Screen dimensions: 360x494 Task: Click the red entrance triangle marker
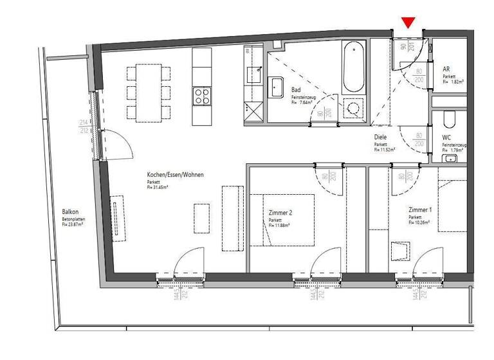pos(408,23)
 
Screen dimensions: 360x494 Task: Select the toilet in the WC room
pos(450,120)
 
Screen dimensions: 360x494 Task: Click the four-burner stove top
pos(202,97)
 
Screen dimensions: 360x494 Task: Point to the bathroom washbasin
pos(277,87)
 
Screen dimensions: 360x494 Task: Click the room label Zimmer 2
pos(280,212)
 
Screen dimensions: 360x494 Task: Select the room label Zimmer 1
pos(420,210)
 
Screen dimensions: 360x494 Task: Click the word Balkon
pos(70,212)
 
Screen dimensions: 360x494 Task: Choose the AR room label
pos(446,69)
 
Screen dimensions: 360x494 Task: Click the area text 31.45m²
pos(159,188)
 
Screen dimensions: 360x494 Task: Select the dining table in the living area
pos(149,92)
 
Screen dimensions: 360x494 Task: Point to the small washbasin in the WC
pos(452,157)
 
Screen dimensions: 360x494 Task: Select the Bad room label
pos(297,90)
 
